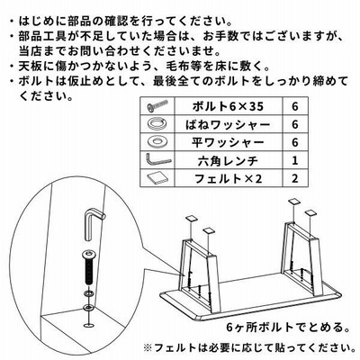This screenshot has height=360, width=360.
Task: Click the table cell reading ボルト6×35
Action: click(x=229, y=106)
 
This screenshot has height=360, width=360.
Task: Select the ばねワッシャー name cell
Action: click(x=229, y=124)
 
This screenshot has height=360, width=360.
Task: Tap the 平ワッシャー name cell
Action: click(x=229, y=142)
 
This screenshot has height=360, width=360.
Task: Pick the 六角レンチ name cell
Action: click(x=229, y=160)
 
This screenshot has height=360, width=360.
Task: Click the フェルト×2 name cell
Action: click(x=229, y=178)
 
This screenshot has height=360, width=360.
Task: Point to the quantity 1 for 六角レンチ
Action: click(x=295, y=160)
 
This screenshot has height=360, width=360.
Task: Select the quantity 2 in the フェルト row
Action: click(x=295, y=178)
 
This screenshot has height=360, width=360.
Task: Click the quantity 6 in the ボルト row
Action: click(x=295, y=106)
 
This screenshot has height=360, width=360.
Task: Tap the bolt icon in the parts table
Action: click(x=157, y=106)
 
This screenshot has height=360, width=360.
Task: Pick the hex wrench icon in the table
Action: click(x=158, y=159)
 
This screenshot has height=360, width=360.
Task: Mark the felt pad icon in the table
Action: click(x=157, y=178)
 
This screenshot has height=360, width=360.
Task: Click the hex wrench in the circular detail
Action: click(x=92, y=224)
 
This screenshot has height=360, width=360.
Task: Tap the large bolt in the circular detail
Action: click(x=88, y=267)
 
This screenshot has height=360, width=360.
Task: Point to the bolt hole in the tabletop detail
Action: click(x=88, y=325)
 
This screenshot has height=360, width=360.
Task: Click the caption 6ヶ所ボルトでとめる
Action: click(x=288, y=327)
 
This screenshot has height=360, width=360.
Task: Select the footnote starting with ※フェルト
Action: click(x=249, y=347)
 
